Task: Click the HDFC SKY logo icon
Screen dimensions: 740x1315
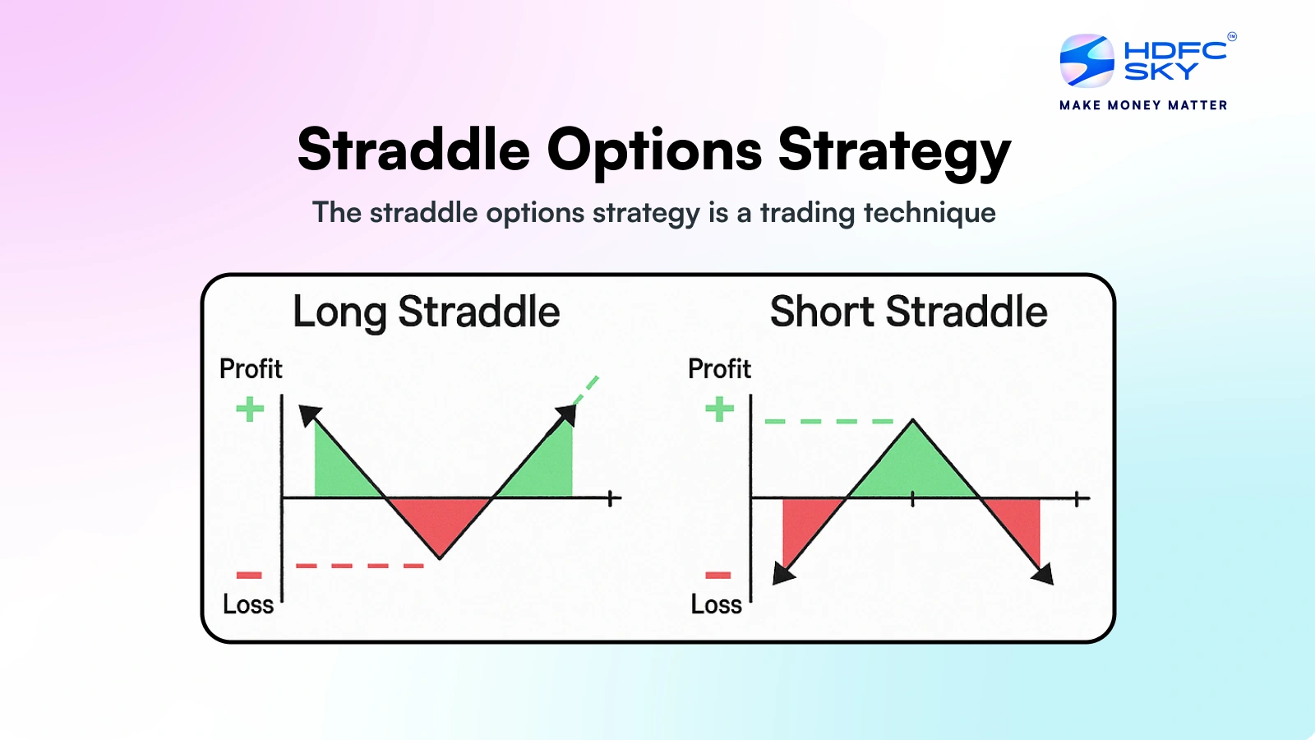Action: click(1087, 61)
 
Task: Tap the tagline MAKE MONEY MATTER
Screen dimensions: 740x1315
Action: click(1143, 105)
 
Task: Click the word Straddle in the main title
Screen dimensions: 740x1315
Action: click(413, 150)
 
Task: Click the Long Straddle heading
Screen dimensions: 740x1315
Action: click(426, 312)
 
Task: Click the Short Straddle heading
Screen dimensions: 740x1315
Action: click(908, 312)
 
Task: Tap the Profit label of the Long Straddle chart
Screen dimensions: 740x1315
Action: click(251, 369)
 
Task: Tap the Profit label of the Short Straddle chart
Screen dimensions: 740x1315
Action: click(719, 369)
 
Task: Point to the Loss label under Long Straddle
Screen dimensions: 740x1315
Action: click(248, 604)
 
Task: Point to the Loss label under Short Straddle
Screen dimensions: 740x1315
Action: click(716, 604)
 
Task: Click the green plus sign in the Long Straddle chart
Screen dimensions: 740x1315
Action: click(250, 409)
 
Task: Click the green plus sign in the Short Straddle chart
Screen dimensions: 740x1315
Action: click(719, 409)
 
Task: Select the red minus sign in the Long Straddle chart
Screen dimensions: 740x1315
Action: click(249, 575)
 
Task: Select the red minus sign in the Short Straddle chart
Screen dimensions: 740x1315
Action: click(717, 575)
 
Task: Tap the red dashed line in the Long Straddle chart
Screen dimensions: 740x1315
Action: click(359, 566)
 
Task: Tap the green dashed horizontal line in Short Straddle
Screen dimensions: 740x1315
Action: click(828, 421)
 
